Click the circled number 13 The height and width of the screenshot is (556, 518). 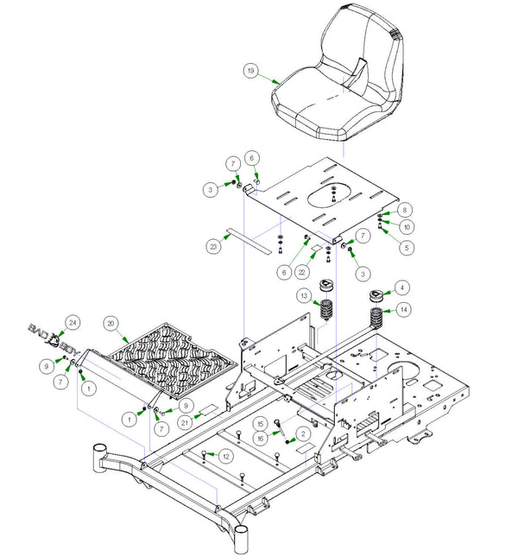304,296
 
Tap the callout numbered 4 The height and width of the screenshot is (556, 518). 401,288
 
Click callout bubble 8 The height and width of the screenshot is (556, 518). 406,209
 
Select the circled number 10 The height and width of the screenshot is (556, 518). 406,226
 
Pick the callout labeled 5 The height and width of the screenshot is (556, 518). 406,247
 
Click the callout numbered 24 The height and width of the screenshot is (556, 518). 73,322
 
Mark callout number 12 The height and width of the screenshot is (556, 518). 226,455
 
